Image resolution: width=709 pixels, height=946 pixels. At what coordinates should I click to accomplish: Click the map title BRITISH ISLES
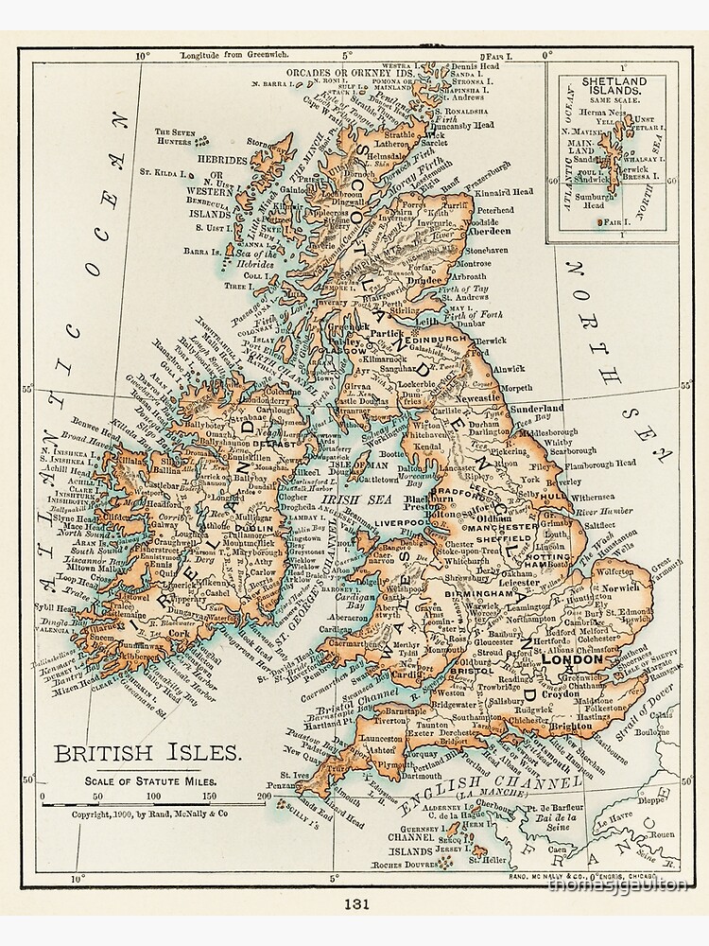click(147, 754)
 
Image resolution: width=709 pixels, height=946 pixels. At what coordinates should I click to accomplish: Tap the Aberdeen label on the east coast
click(488, 230)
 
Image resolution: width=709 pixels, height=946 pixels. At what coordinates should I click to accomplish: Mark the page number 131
click(354, 902)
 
